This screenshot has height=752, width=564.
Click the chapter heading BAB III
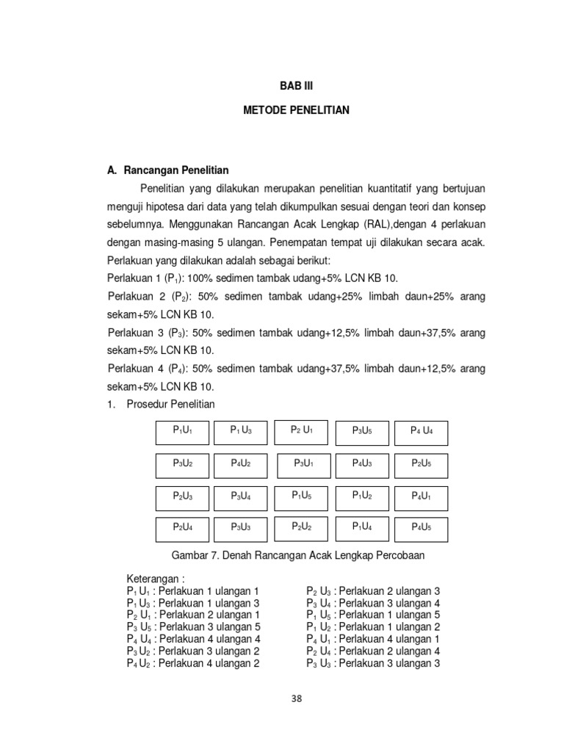point(296,86)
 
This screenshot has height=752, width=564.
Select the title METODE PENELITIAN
point(296,110)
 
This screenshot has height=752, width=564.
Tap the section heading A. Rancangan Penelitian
point(167,170)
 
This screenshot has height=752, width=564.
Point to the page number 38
point(296,699)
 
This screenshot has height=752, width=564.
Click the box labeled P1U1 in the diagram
point(181,432)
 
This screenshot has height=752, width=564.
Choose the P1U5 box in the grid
point(301,497)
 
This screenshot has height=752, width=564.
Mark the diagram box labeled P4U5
point(421,529)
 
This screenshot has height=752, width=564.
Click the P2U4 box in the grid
point(182,529)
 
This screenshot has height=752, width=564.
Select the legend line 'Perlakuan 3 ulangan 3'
point(373,663)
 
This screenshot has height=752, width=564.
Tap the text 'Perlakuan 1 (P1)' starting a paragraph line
point(144,277)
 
